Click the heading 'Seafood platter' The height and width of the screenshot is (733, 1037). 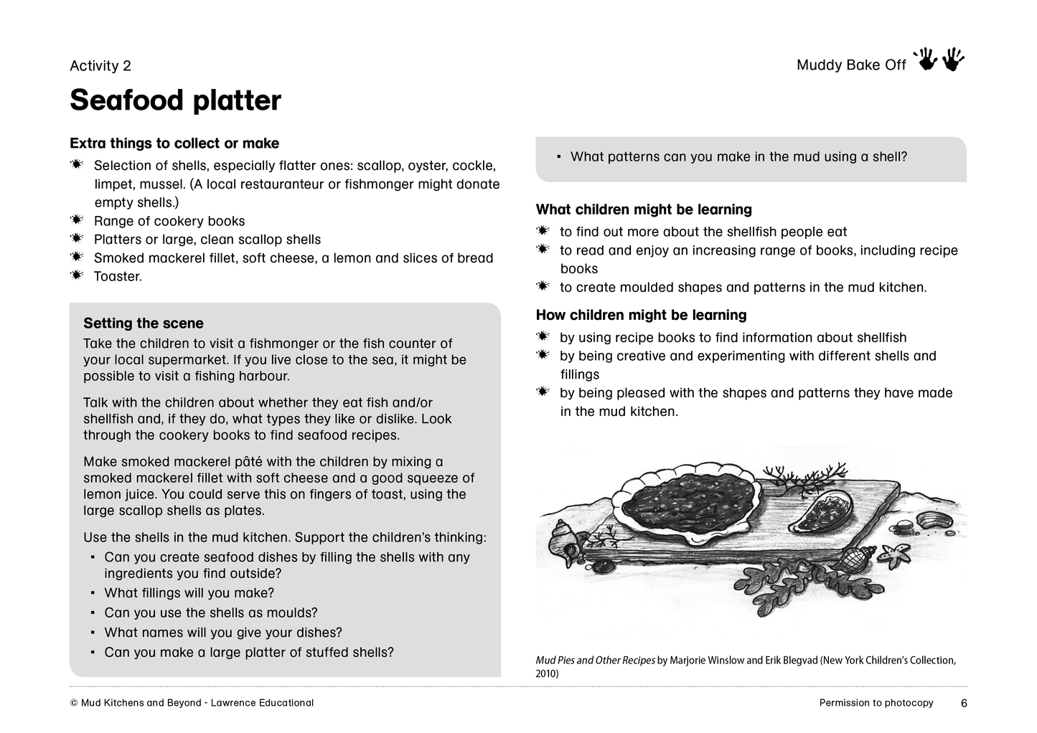coord(175,100)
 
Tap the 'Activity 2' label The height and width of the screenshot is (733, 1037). coord(100,66)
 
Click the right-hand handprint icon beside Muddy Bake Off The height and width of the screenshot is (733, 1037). coord(954,60)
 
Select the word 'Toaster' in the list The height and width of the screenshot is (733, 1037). coord(117,277)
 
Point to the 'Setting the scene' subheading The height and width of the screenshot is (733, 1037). coord(144,323)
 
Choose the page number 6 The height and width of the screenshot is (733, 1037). coord(964,704)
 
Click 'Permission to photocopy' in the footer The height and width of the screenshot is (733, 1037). coord(876,703)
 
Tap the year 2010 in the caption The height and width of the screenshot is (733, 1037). coord(546,674)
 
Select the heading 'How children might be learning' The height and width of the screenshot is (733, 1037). coord(641,316)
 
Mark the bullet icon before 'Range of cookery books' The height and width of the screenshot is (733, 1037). coord(77,220)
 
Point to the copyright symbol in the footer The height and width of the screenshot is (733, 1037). coord(74,704)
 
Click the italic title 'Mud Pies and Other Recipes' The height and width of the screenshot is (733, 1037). coord(596,661)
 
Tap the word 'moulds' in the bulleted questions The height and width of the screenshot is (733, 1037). coord(292,613)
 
